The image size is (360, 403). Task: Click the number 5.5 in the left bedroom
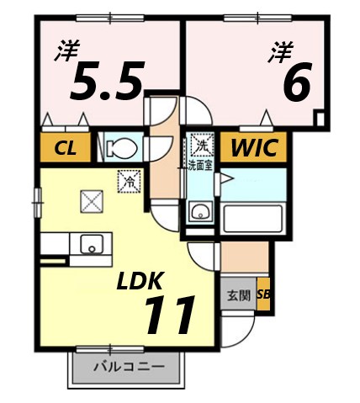pos(105,80)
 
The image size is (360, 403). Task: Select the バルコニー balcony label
pos(126,367)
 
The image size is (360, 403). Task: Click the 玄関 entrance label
pos(237,296)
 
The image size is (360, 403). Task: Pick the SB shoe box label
pos(263,295)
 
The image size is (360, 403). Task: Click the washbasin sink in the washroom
pos(199,211)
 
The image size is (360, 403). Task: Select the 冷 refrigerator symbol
pos(130,179)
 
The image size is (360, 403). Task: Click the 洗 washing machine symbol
pos(201,145)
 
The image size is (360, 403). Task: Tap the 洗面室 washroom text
pos(200,165)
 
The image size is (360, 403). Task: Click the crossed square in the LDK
pos(90,200)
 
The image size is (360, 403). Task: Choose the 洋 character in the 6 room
pos(279,52)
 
